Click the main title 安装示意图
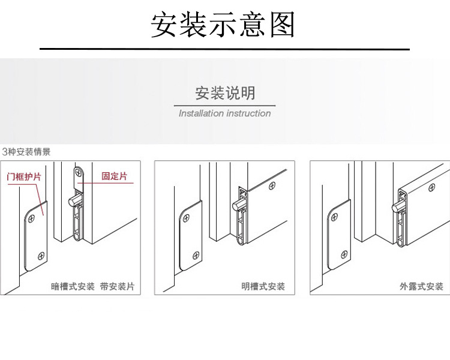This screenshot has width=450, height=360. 224,25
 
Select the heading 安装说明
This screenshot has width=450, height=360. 225,93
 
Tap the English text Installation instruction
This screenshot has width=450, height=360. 225,113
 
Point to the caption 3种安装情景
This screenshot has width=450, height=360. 26,152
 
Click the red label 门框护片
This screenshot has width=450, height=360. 23,177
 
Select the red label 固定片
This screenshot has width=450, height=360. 114,176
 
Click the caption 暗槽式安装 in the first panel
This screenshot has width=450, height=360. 73,287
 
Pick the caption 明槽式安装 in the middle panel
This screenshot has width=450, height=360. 263,287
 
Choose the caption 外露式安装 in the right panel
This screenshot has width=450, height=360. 421,287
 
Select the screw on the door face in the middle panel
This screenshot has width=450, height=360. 274,186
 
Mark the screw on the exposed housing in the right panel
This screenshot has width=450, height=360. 430,187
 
